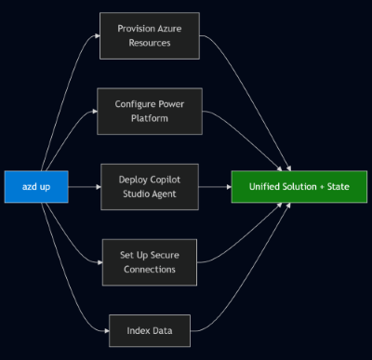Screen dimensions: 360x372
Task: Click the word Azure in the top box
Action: (170, 28)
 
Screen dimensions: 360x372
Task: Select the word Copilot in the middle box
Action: (161, 180)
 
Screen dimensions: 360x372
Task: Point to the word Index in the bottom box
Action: (137, 328)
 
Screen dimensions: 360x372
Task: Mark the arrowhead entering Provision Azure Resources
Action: (96, 35)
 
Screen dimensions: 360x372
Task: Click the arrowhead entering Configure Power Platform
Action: (96, 111)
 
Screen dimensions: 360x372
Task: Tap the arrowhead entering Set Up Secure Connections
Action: (96, 261)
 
